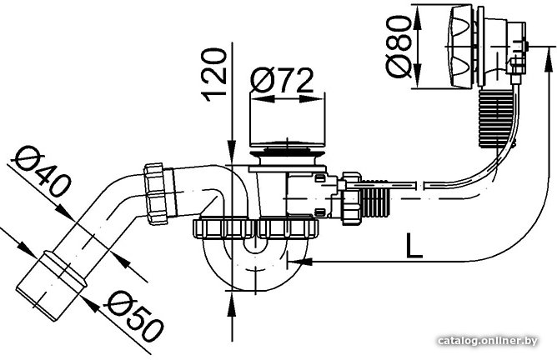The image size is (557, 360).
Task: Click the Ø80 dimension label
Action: point(399,47)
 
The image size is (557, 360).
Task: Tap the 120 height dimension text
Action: point(213,74)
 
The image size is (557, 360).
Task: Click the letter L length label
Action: point(414,245)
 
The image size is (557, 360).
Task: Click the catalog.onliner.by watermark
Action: point(488,341)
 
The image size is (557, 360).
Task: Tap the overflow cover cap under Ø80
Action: point(461,46)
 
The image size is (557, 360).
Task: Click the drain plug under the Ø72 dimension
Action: point(287,152)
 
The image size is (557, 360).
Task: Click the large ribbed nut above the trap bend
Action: point(255,228)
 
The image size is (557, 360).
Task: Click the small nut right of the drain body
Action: point(351,198)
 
